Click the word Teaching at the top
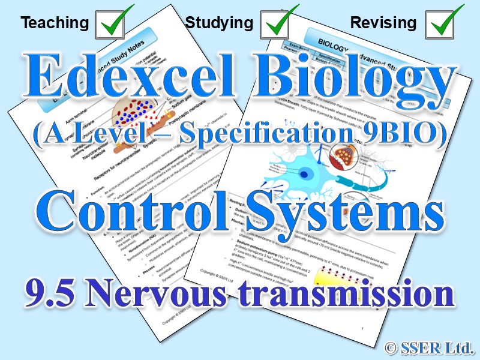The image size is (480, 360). pyautogui.click(x=54, y=23)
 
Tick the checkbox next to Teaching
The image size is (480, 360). pyautogui.click(x=114, y=23)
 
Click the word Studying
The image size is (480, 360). pyautogui.click(x=219, y=23)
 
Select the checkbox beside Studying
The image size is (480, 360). pyautogui.click(x=279, y=23)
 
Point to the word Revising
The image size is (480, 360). pyautogui.click(x=383, y=23)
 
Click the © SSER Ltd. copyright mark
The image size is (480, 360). pyautogui.click(x=431, y=346)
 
